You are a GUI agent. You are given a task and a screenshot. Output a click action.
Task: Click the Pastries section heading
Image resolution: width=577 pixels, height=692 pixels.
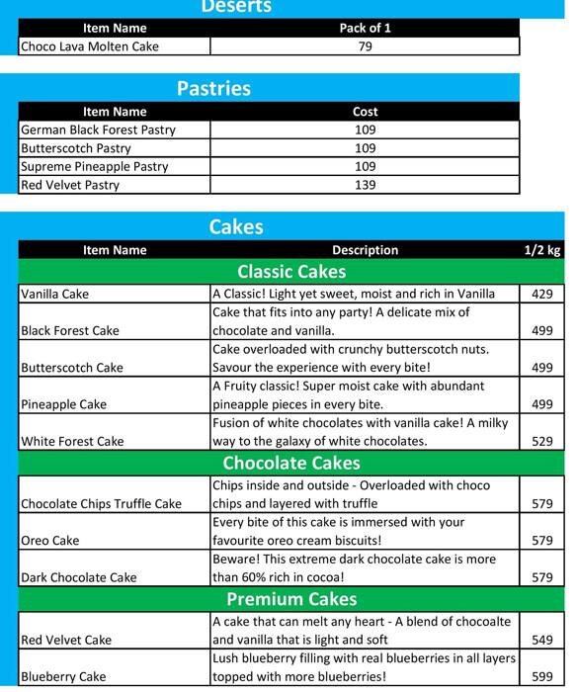213,89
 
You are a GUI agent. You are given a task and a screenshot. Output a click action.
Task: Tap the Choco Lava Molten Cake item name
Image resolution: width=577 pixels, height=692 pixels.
89,46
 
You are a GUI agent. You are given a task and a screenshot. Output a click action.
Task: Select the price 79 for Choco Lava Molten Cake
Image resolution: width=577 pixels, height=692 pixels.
365,46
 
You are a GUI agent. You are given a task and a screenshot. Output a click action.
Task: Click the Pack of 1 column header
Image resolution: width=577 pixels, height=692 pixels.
365,28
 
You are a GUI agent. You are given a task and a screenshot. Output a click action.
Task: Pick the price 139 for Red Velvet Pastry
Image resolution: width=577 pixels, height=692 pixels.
365,185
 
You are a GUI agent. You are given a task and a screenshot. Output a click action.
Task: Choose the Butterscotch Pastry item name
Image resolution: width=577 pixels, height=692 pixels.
75,148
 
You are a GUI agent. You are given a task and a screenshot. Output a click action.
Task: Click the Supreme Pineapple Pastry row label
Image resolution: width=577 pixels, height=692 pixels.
94,167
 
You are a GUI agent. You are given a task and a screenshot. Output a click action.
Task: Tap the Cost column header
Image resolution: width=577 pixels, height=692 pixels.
365,112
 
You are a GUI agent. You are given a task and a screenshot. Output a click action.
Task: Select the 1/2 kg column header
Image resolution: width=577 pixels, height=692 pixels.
541,250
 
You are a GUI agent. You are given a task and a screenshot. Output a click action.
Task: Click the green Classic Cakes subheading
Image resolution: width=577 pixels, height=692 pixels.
291,272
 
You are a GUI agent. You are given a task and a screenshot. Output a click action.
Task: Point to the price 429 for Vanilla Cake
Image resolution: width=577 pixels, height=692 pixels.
541,294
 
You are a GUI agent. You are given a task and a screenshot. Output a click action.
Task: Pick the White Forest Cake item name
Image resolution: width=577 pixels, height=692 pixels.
72,441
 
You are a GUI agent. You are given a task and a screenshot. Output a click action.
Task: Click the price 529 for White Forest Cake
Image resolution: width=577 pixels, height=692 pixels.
541,441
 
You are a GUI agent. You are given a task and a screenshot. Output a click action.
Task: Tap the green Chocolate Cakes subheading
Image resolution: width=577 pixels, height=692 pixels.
291,464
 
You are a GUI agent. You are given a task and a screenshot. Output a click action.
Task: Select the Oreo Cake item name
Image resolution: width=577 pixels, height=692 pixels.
49,541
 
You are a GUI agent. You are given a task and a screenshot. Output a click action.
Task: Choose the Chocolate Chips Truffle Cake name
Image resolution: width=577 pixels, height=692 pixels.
101,504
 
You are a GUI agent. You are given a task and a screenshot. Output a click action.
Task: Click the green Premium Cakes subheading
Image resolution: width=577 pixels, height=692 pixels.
291,600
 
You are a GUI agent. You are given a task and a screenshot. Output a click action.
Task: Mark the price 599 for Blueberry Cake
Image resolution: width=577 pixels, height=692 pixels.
541,677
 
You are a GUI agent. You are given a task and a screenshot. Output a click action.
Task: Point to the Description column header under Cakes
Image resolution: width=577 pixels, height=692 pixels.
365,250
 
